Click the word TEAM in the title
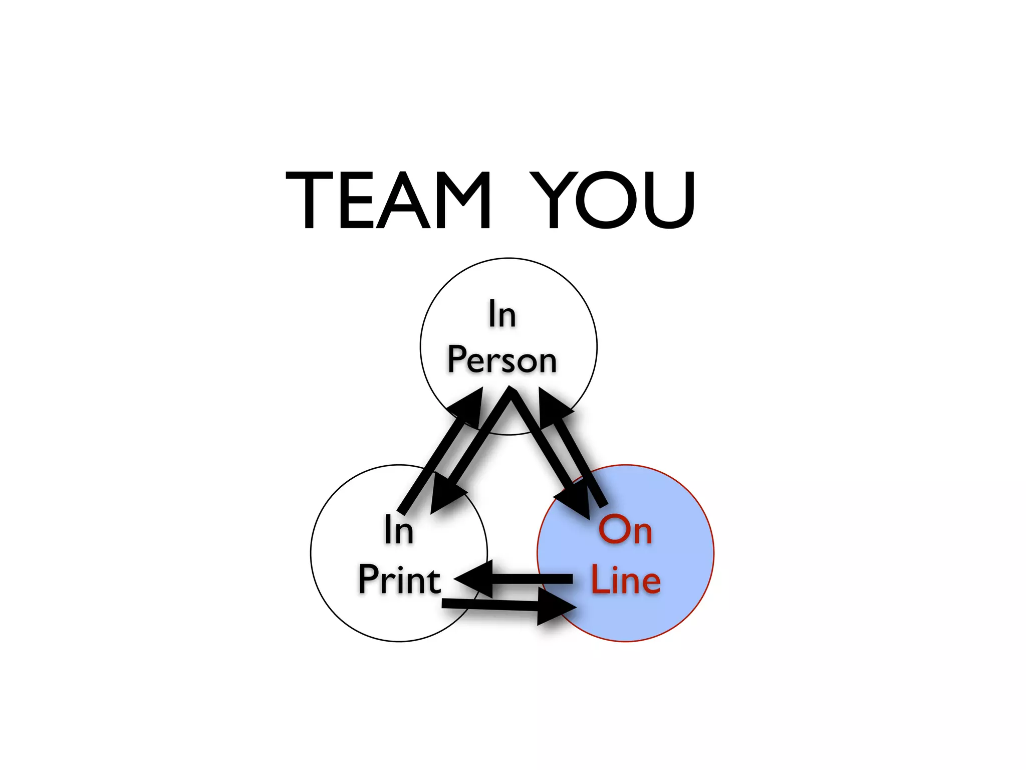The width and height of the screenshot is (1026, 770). [388, 200]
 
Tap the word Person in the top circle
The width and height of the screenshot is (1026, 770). [502, 359]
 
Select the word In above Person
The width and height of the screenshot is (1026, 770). [502, 314]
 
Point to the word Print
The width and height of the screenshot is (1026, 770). [399, 580]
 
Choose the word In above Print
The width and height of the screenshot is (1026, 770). [399, 530]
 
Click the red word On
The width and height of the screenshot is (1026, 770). [625, 530]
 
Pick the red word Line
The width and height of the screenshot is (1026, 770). [626, 580]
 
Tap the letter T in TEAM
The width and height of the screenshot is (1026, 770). [309, 200]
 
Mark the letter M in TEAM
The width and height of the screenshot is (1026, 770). [463, 200]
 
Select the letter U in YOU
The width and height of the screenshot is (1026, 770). [669, 200]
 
